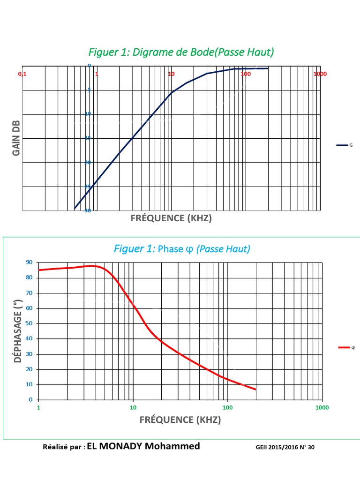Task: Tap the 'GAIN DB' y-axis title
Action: (16, 138)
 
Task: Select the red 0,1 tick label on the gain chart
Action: (22, 74)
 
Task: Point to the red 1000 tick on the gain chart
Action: (320, 74)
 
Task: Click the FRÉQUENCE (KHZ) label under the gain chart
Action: (171, 218)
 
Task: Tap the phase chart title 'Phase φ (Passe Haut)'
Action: (182, 249)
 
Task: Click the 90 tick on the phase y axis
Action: (30, 262)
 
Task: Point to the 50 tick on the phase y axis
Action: (30, 323)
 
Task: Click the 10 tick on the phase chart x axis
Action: (133, 407)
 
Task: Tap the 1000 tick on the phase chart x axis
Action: (322, 407)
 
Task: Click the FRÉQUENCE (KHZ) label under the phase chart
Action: (180, 420)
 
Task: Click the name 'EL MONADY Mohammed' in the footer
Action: (143, 446)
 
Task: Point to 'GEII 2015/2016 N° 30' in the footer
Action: (285, 448)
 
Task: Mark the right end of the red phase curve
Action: (255, 390)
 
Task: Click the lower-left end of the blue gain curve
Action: (75, 208)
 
